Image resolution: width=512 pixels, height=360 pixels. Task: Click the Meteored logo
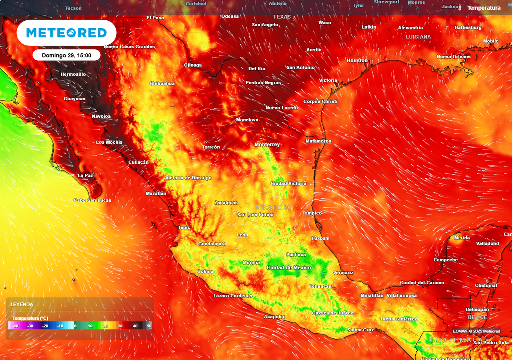pyautogui.click(x=66, y=33)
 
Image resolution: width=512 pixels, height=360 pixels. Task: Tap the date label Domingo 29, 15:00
pyautogui.click(x=67, y=55)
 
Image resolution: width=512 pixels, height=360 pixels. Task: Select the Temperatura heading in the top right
pyautogui.click(x=483, y=8)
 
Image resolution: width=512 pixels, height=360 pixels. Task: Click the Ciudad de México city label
pyautogui.click(x=289, y=268)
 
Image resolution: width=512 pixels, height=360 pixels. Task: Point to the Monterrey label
pyautogui.click(x=267, y=144)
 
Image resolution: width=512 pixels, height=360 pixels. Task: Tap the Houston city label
pyautogui.click(x=357, y=60)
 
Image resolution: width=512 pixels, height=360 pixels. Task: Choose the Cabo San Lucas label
pyautogui.click(x=93, y=200)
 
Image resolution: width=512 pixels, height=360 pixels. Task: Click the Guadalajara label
pyautogui.click(x=212, y=244)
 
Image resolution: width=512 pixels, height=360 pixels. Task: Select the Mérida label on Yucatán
pyautogui.click(x=462, y=238)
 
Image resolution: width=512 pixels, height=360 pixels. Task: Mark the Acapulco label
pyautogui.click(x=275, y=316)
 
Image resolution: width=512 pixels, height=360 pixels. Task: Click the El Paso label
pyautogui.click(x=155, y=18)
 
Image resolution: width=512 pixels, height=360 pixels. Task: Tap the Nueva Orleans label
pyautogui.click(x=453, y=56)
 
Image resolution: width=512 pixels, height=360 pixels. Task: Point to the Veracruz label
pyautogui.click(x=343, y=272)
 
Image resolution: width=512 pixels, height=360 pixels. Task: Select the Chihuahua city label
pyautogui.click(x=162, y=83)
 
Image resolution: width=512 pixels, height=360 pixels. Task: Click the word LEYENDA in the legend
pyautogui.click(x=22, y=304)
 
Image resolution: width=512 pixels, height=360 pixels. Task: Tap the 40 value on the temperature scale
pyautogui.click(x=135, y=326)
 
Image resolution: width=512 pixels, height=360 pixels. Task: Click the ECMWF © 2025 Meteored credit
pyautogui.click(x=476, y=331)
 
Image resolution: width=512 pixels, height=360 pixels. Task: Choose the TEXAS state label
pyautogui.click(x=281, y=17)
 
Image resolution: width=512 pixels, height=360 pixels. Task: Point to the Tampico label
pyautogui.click(x=312, y=213)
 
